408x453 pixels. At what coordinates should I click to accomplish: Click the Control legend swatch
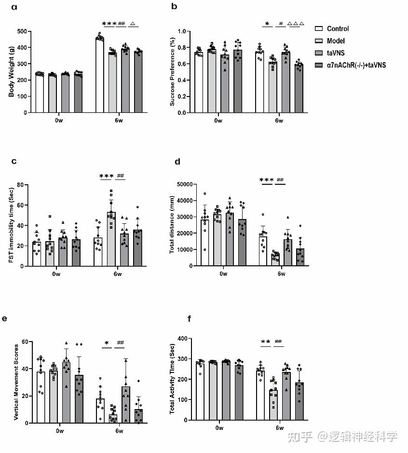(x=318, y=29)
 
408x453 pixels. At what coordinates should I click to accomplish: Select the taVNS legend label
(x=338, y=53)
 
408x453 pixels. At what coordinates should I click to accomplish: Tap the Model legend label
(x=336, y=41)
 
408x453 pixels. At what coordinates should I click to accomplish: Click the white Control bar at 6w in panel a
(x=100, y=74)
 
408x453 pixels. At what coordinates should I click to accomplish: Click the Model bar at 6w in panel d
(x=275, y=259)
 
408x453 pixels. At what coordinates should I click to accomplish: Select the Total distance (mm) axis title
(x=171, y=225)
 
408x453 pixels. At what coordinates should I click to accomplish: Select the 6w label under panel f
(x=280, y=428)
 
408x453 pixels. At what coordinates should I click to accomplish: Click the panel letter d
(x=177, y=162)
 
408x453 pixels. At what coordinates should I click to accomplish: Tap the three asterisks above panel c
(x=106, y=176)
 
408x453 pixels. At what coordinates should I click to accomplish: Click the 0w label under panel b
(x=218, y=120)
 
